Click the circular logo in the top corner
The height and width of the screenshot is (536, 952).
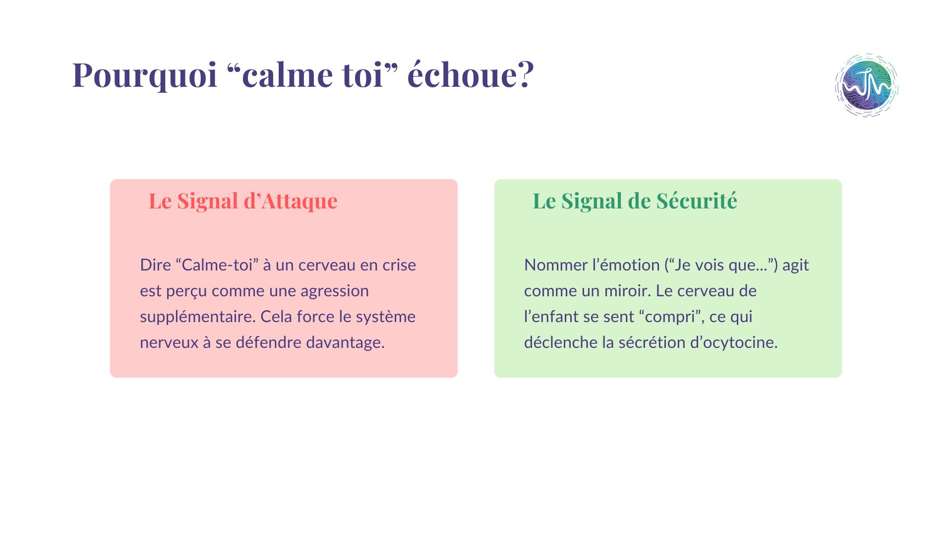tap(867, 85)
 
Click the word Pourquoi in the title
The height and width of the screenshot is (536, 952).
tap(145, 75)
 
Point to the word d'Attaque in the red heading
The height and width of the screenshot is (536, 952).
tap(290, 201)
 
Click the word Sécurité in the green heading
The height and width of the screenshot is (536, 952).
tap(697, 201)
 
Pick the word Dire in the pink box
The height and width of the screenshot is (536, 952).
tap(155, 265)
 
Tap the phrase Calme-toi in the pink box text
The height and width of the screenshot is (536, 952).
tap(217, 265)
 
